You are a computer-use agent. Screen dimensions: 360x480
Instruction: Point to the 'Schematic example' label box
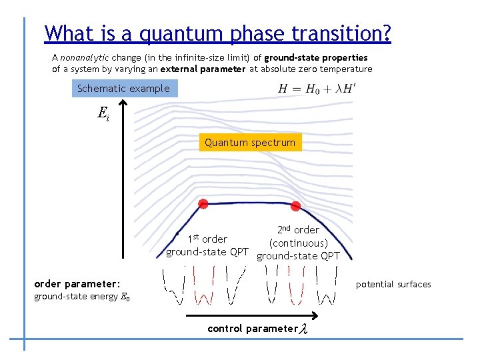pos(123,89)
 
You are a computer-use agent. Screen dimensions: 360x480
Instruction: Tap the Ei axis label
pos(103,114)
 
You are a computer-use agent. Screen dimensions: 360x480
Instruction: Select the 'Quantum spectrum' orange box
pos(250,143)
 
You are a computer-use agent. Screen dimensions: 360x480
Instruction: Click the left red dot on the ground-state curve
pos(203,203)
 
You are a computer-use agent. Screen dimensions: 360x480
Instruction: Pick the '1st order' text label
pos(207,239)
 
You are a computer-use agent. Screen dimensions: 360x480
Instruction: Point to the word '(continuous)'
pos(298,243)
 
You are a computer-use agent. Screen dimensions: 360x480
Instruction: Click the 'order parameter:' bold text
pos(77,284)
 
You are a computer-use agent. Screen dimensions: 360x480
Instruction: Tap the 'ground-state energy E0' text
pos(82,297)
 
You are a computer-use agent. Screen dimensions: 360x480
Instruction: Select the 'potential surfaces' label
pos(393,285)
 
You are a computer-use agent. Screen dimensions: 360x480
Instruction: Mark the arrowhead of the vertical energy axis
pos(123,104)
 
